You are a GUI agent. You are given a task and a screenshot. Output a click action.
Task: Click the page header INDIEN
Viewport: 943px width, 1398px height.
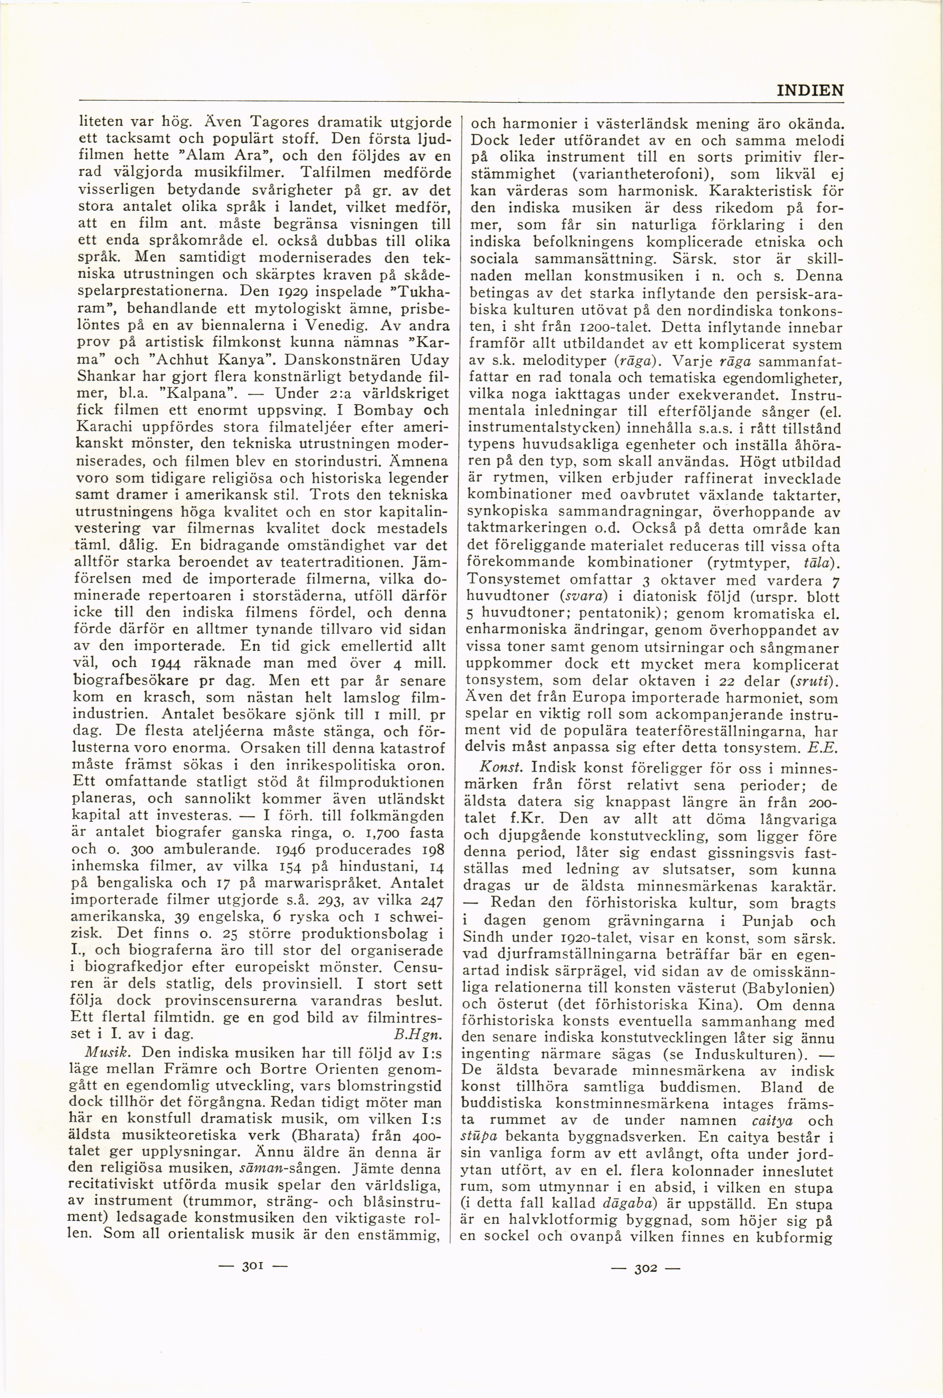click(x=810, y=91)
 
